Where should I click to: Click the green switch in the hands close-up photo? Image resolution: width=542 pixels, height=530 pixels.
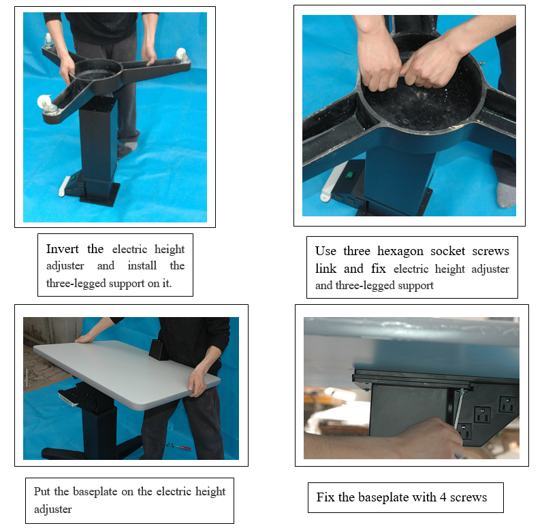[x=349, y=174]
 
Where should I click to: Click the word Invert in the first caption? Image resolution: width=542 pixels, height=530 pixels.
[x=65, y=249]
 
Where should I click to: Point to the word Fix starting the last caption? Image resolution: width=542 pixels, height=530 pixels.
[x=325, y=497]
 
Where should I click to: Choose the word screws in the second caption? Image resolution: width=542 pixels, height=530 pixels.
[x=492, y=251]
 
